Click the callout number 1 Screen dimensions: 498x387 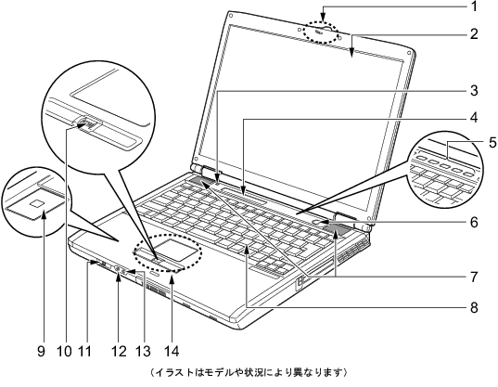(474, 6)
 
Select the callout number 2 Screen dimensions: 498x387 (474, 33)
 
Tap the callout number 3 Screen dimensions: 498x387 (474, 91)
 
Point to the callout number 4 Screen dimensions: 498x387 (474, 118)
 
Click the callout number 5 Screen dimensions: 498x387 (492, 143)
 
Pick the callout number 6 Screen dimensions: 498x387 (474, 222)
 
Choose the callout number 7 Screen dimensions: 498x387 (474, 277)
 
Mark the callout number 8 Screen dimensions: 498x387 (474, 307)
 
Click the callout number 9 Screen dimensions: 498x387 (41, 351)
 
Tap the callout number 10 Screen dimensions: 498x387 (65, 351)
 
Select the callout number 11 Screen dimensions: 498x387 (84, 351)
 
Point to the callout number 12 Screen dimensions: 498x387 (119, 351)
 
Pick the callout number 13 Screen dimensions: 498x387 (143, 351)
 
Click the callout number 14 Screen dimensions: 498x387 (172, 351)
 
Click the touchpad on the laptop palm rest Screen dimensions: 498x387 (176, 248)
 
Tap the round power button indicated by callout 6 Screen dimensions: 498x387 (320, 222)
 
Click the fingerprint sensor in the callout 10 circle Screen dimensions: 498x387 (86, 123)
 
